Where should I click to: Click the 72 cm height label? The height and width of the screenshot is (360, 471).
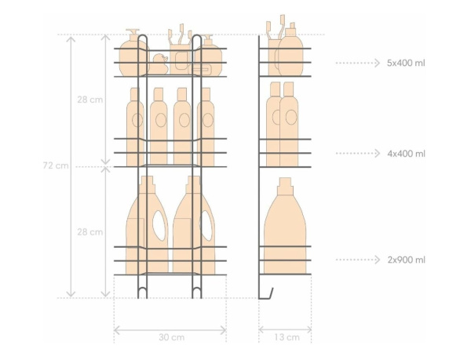(x=56, y=165)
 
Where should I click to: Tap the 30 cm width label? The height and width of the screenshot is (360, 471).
(x=171, y=337)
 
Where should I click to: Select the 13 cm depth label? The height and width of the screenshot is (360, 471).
(x=287, y=337)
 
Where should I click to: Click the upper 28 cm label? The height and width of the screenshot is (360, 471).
(x=89, y=100)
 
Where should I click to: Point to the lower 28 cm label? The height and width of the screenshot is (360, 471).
(x=89, y=232)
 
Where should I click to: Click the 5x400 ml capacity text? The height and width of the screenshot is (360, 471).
(x=406, y=63)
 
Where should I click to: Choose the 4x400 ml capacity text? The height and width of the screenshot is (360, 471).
(x=406, y=154)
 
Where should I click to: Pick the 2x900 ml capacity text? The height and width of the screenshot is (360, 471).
(x=406, y=260)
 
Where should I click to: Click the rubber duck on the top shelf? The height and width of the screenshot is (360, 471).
(x=159, y=64)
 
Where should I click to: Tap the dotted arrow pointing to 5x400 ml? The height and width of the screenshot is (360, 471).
(x=358, y=63)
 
